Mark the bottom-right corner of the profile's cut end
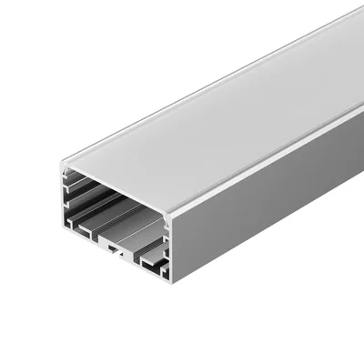pos(171,277)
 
